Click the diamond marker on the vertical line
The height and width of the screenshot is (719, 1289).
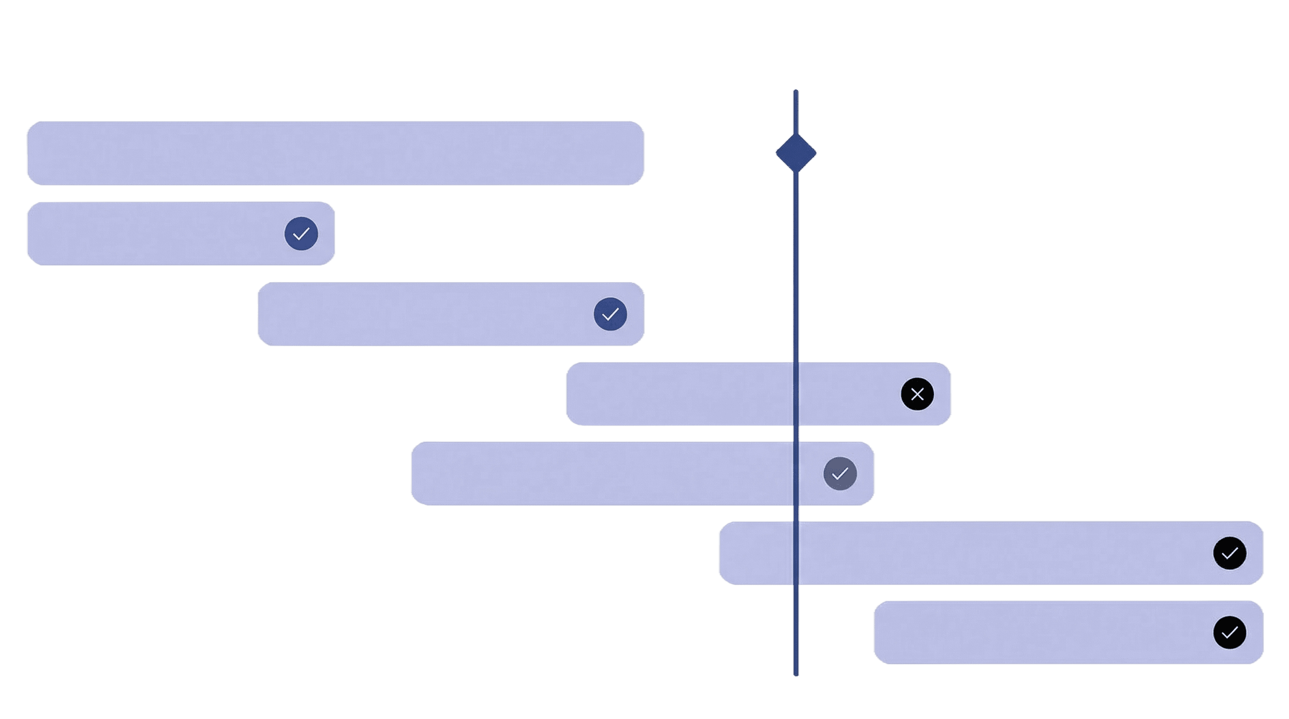[x=796, y=153]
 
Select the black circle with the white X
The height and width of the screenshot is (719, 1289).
[x=917, y=395]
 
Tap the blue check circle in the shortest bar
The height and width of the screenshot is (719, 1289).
[x=301, y=234]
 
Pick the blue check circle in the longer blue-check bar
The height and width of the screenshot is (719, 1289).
[x=610, y=314]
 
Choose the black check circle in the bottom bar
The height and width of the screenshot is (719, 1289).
[x=1230, y=632]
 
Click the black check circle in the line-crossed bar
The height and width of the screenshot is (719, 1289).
[x=1230, y=553]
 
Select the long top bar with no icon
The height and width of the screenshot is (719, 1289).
[x=335, y=153]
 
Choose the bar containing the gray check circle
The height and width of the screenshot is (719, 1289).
[x=600, y=474]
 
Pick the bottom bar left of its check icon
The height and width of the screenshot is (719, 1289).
[x=1041, y=632]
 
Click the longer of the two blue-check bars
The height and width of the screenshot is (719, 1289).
[x=425, y=314]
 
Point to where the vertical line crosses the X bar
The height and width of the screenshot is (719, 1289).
[x=796, y=394]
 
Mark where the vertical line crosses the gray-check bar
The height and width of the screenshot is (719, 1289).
[x=796, y=474]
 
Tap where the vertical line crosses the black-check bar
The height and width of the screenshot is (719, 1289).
[x=796, y=553]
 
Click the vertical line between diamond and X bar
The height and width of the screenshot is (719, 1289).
[x=796, y=265]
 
